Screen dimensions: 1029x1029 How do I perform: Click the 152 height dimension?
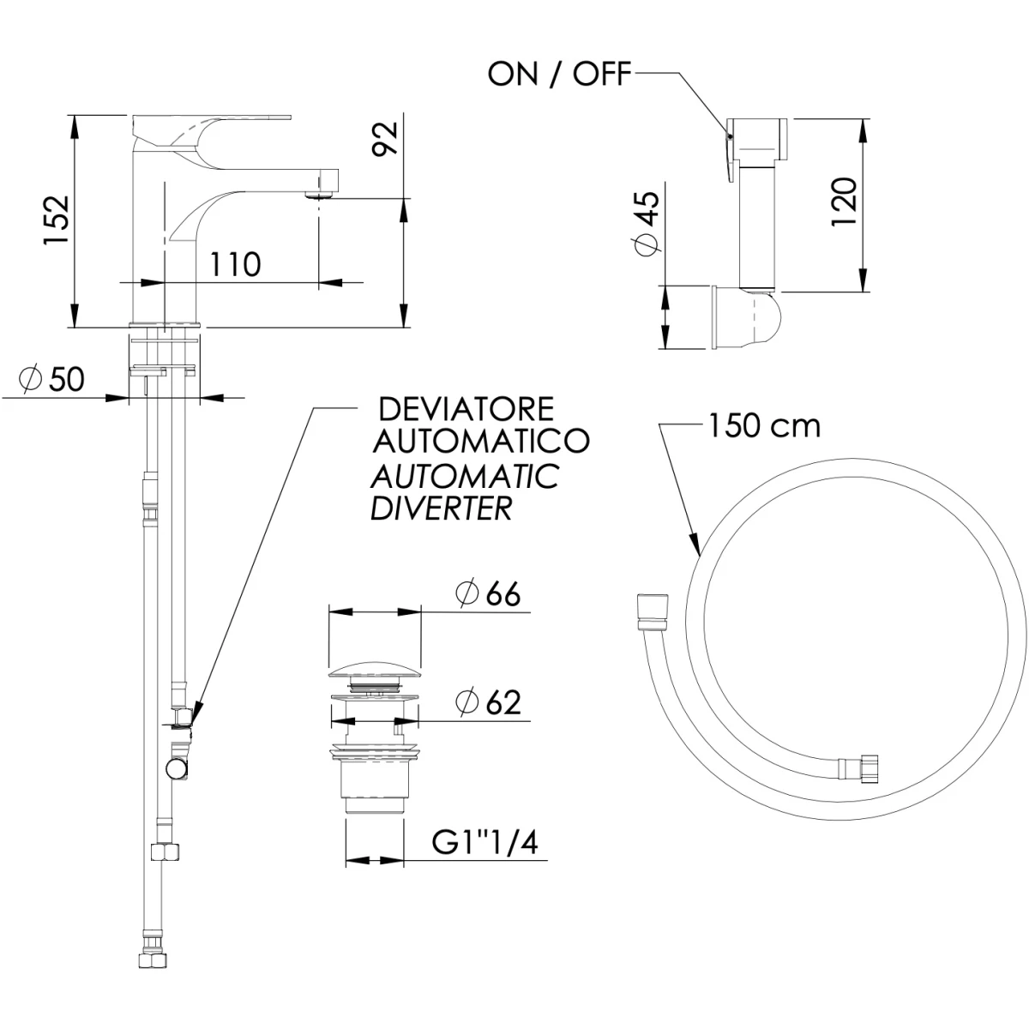[x=57, y=220]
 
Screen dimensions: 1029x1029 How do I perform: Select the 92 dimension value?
[x=385, y=138]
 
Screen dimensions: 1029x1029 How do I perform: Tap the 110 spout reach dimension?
[x=235, y=264]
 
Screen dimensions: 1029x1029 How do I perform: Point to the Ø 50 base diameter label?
[x=51, y=380]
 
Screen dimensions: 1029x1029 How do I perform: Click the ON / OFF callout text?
[x=560, y=74]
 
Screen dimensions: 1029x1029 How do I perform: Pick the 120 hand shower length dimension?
[x=844, y=202]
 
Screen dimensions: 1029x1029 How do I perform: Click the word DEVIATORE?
[x=466, y=410]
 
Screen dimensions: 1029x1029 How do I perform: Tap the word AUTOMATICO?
[x=481, y=442]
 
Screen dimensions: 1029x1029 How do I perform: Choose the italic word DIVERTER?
[x=441, y=508]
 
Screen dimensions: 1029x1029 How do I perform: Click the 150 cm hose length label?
[x=765, y=426]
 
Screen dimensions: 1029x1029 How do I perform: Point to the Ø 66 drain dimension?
[x=488, y=593]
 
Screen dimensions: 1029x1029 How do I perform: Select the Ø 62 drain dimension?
[x=488, y=702]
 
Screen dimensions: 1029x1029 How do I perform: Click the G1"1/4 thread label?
[x=485, y=843]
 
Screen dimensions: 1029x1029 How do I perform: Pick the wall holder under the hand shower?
[x=747, y=318]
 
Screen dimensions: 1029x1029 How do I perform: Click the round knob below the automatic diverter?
[x=176, y=769]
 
